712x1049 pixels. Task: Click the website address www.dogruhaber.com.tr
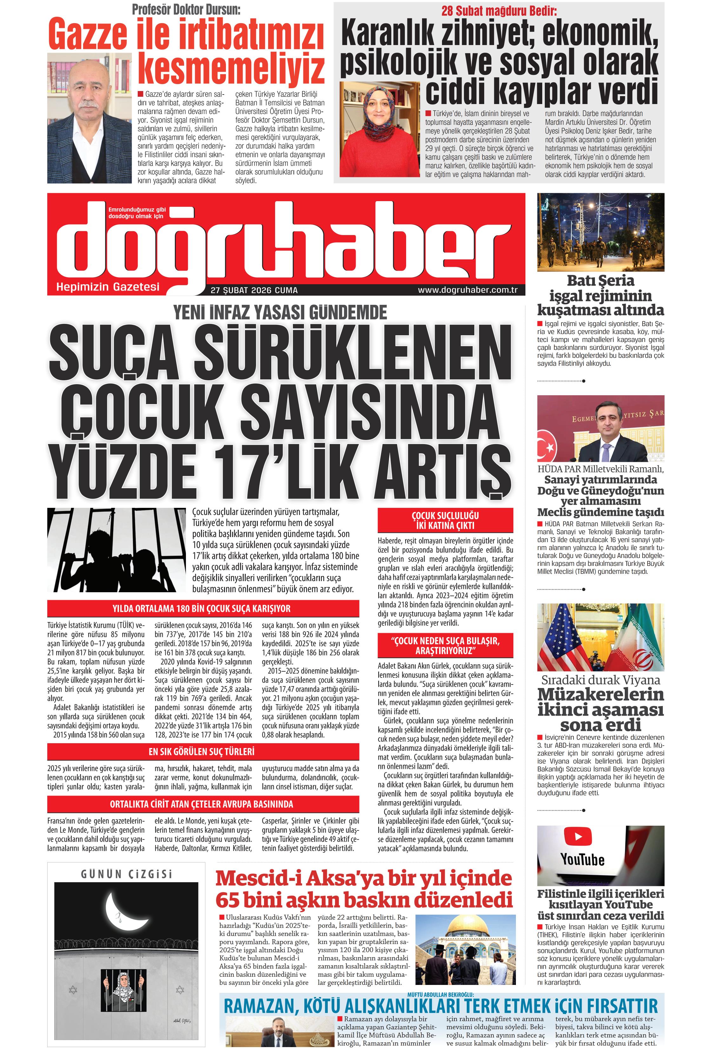(x=467, y=290)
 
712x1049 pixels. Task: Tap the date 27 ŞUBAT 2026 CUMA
(x=254, y=290)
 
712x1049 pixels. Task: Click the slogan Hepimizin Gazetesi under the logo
(x=108, y=287)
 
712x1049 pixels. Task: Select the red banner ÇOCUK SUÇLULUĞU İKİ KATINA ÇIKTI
(x=445, y=521)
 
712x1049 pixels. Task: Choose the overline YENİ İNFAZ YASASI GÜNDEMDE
(x=280, y=312)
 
